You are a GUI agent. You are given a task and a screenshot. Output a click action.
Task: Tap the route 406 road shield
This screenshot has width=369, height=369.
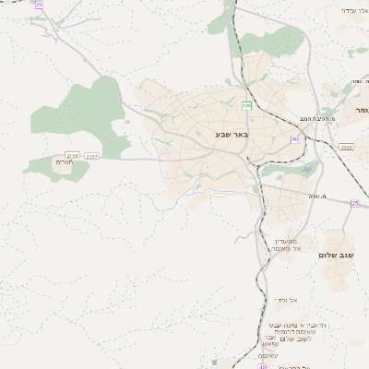click(246, 106)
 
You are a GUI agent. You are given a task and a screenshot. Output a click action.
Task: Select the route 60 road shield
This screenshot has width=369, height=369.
click(294, 139)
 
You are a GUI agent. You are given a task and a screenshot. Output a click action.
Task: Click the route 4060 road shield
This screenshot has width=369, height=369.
click(346, 146)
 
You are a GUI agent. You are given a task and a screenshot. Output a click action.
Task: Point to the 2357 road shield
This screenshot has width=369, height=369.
click(92, 156)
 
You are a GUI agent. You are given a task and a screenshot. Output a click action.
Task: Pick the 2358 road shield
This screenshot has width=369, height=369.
click(74, 156)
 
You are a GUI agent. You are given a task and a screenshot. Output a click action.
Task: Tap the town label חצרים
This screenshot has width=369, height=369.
click(63, 162)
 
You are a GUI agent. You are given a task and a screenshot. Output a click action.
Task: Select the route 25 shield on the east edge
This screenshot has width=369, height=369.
click(354, 203)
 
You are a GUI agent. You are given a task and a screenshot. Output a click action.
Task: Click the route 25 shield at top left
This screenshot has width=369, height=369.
click(38, 5)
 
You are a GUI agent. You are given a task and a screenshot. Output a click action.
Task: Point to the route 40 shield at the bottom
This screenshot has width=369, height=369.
click(262, 366)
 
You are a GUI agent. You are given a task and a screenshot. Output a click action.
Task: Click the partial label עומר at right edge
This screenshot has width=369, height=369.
click(361, 110)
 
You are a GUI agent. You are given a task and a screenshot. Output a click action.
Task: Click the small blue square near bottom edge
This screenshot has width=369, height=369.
click(215, 363)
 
